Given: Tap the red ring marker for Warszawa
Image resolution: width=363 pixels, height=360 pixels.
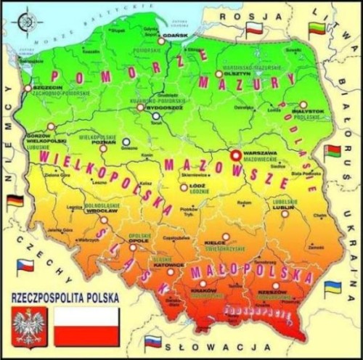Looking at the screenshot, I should (x=234, y=155).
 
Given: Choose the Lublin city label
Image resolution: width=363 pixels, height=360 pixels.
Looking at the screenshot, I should (x=285, y=206).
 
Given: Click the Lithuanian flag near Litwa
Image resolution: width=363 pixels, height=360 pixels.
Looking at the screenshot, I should (x=317, y=30).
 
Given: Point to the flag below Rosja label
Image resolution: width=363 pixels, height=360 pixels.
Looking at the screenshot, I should (x=254, y=30).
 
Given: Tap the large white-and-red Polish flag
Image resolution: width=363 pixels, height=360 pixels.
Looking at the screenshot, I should (x=87, y=325).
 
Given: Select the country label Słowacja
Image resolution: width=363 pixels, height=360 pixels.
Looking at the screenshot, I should (x=225, y=350).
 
